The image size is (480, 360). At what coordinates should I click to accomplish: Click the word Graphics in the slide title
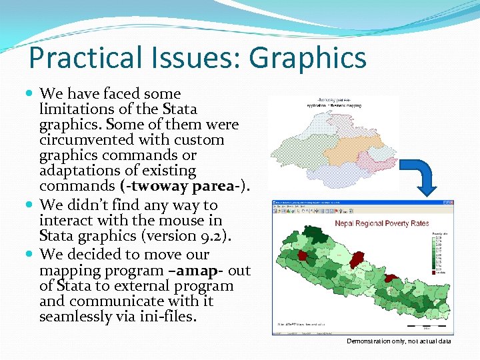pyautogui.click(x=308, y=57)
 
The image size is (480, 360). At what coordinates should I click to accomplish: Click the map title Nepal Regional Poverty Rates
pyautogui.click(x=382, y=223)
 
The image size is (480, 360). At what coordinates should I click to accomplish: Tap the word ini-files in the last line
pyautogui.click(x=169, y=317)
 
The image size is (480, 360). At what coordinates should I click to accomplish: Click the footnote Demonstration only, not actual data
pyautogui.click(x=399, y=341)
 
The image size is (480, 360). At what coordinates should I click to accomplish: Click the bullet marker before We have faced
pyautogui.click(x=31, y=94)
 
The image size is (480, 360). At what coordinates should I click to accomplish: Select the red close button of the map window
pyautogui.click(x=452, y=203)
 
